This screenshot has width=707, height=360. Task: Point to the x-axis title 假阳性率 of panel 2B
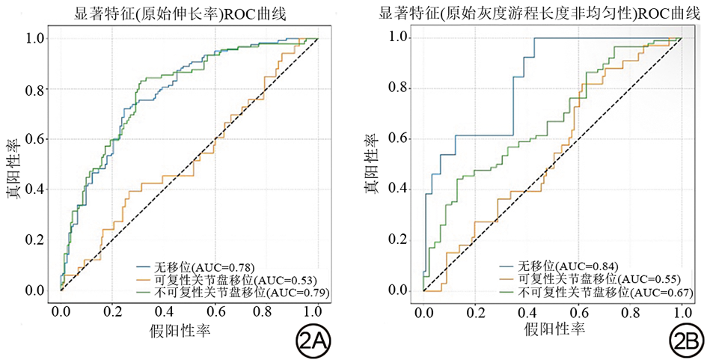point(554,330)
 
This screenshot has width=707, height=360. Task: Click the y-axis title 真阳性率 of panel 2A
point(14,165)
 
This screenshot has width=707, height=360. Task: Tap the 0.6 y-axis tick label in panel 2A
point(34,139)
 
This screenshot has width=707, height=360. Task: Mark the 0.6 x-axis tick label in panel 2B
point(578,311)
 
